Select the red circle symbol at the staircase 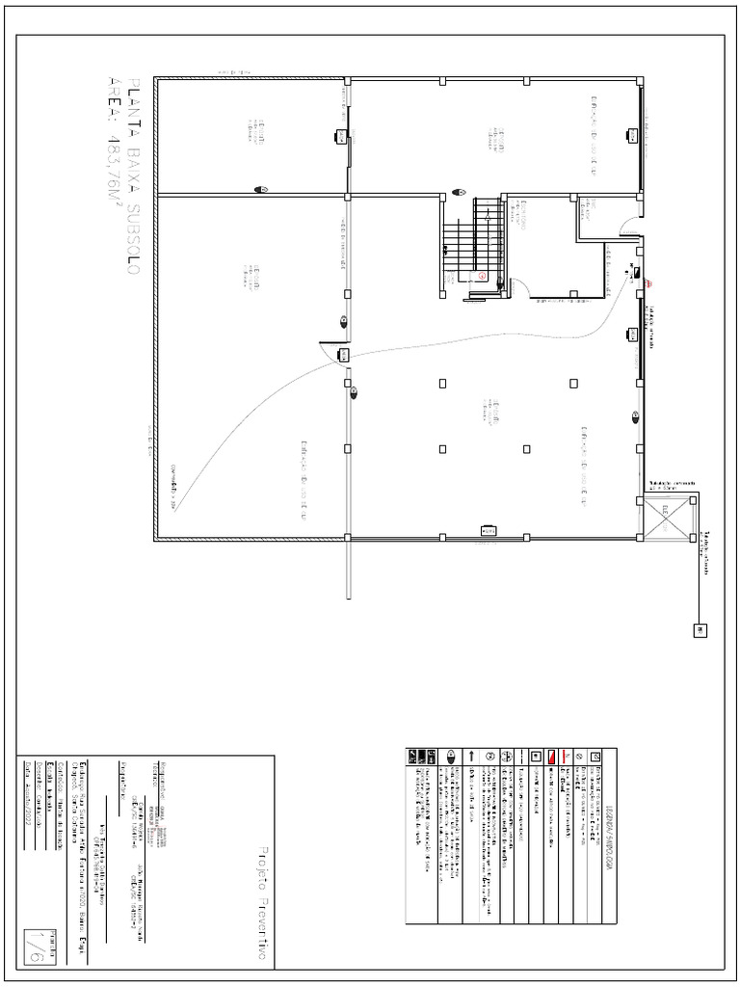[x=481, y=276]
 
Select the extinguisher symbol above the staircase [x=460, y=192]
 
